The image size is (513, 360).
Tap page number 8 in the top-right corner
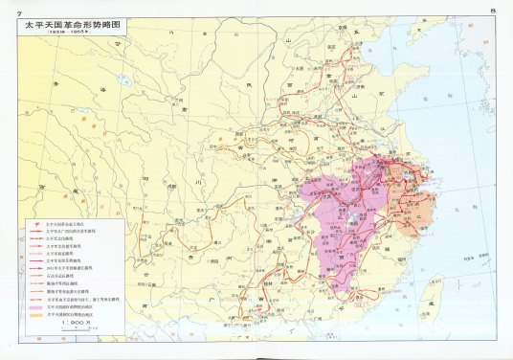click(491, 10)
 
